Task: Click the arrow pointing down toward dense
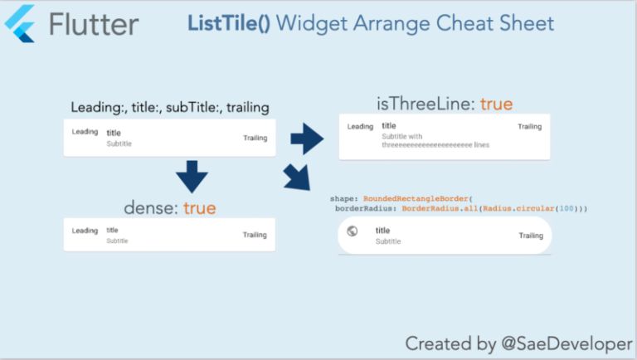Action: pos(192,176)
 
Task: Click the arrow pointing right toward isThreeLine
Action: pos(307,138)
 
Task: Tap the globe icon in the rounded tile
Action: pos(352,231)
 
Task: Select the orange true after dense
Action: pos(199,208)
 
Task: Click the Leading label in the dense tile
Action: pos(85,231)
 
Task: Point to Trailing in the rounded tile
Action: pos(531,236)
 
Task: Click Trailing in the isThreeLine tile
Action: pos(529,127)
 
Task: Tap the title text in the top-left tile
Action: pos(114,133)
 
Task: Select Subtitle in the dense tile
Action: pos(117,241)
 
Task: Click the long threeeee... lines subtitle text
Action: pos(435,145)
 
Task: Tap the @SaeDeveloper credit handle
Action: pos(557,343)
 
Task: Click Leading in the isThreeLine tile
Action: pos(360,127)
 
